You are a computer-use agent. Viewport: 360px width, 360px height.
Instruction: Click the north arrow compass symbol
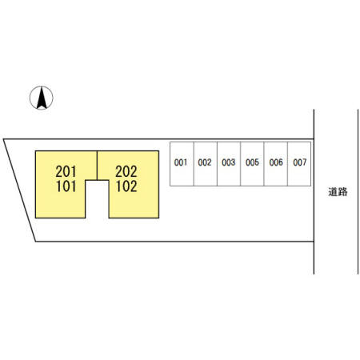pos(42,98)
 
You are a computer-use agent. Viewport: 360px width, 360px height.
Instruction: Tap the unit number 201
pos(66,171)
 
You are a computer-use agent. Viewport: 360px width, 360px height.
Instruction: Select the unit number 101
pos(66,186)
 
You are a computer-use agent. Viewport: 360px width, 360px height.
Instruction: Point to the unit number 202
pos(126,171)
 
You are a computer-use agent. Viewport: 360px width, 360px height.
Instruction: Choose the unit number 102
pos(126,186)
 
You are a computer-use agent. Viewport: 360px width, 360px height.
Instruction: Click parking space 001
pos(182,164)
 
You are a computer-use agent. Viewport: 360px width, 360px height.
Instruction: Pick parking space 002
pos(206,164)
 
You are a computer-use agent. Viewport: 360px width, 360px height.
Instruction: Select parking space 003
pos(229,164)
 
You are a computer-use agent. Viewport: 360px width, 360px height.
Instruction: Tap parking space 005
pos(252,164)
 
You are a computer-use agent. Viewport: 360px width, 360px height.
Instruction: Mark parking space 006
pos(276,164)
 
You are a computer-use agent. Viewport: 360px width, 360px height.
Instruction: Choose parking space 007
pos(299,164)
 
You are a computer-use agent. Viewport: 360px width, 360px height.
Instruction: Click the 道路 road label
pos(338,192)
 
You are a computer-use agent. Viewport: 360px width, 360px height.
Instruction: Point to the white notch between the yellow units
pos(97,199)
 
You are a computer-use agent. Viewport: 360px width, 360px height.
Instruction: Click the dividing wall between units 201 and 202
pos(97,166)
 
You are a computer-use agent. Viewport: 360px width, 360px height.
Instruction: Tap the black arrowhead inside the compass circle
pos(42,98)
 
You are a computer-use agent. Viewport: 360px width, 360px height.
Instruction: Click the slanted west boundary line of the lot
pos(19,190)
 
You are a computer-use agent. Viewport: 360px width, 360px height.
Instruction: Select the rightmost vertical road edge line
pos(358,191)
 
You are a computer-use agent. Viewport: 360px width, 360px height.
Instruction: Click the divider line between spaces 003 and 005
pos(241,164)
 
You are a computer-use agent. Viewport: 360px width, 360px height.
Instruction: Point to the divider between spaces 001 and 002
pos(194,164)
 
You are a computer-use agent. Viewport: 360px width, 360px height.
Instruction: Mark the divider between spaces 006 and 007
pos(288,164)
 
